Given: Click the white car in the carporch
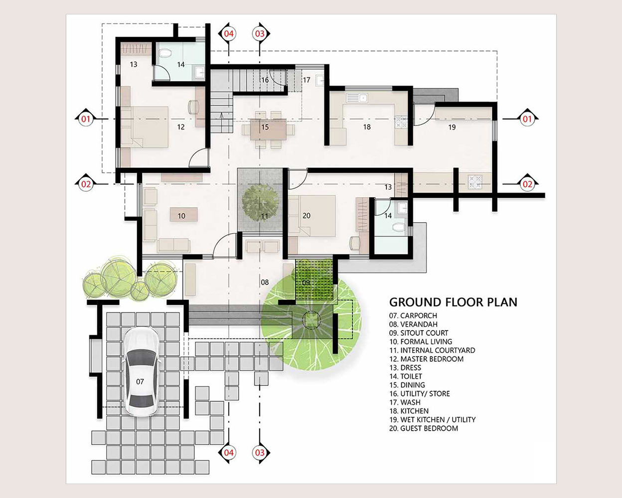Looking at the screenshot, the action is pyautogui.click(x=141, y=373).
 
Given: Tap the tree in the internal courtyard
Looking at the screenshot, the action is pyautogui.click(x=260, y=203).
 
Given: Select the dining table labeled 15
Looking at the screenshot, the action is pyautogui.click(x=268, y=129).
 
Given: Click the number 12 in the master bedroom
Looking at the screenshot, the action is pyautogui.click(x=181, y=127).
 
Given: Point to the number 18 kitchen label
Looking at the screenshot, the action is pyautogui.click(x=367, y=127).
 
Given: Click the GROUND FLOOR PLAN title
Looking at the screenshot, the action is pyautogui.click(x=453, y=302).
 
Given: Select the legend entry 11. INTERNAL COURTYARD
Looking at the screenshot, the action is pyautogui.click(x=432, y=351).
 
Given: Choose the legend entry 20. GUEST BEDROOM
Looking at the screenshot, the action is pyautogui.click(x=424, y=428).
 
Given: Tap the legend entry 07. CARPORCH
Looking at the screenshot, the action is pyautogui.click(x=413, y=316).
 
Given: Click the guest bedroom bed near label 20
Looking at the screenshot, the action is pyautogui.click(x=312, y=216).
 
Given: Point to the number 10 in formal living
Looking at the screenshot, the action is pyautogui.click(x=181, y=216).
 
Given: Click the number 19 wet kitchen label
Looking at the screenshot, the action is pyautogui.click(x=452, y=127).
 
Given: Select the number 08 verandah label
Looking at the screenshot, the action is pyautogui.click(x=265, y=282).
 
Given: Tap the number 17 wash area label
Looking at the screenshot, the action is pyautogui.click(x=307, y=80).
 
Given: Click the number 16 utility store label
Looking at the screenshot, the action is pyautogui.click(x=265, y=80).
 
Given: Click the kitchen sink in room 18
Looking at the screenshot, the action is pyautogui.click(x=357, y=98).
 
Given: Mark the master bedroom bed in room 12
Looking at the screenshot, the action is pyautogui.click(x=145, y=127).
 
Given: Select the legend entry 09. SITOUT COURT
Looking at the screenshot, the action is pyautogui.click(x=419, y=333).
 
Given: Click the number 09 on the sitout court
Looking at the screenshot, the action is pyautogui.click(x=306, y=282).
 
